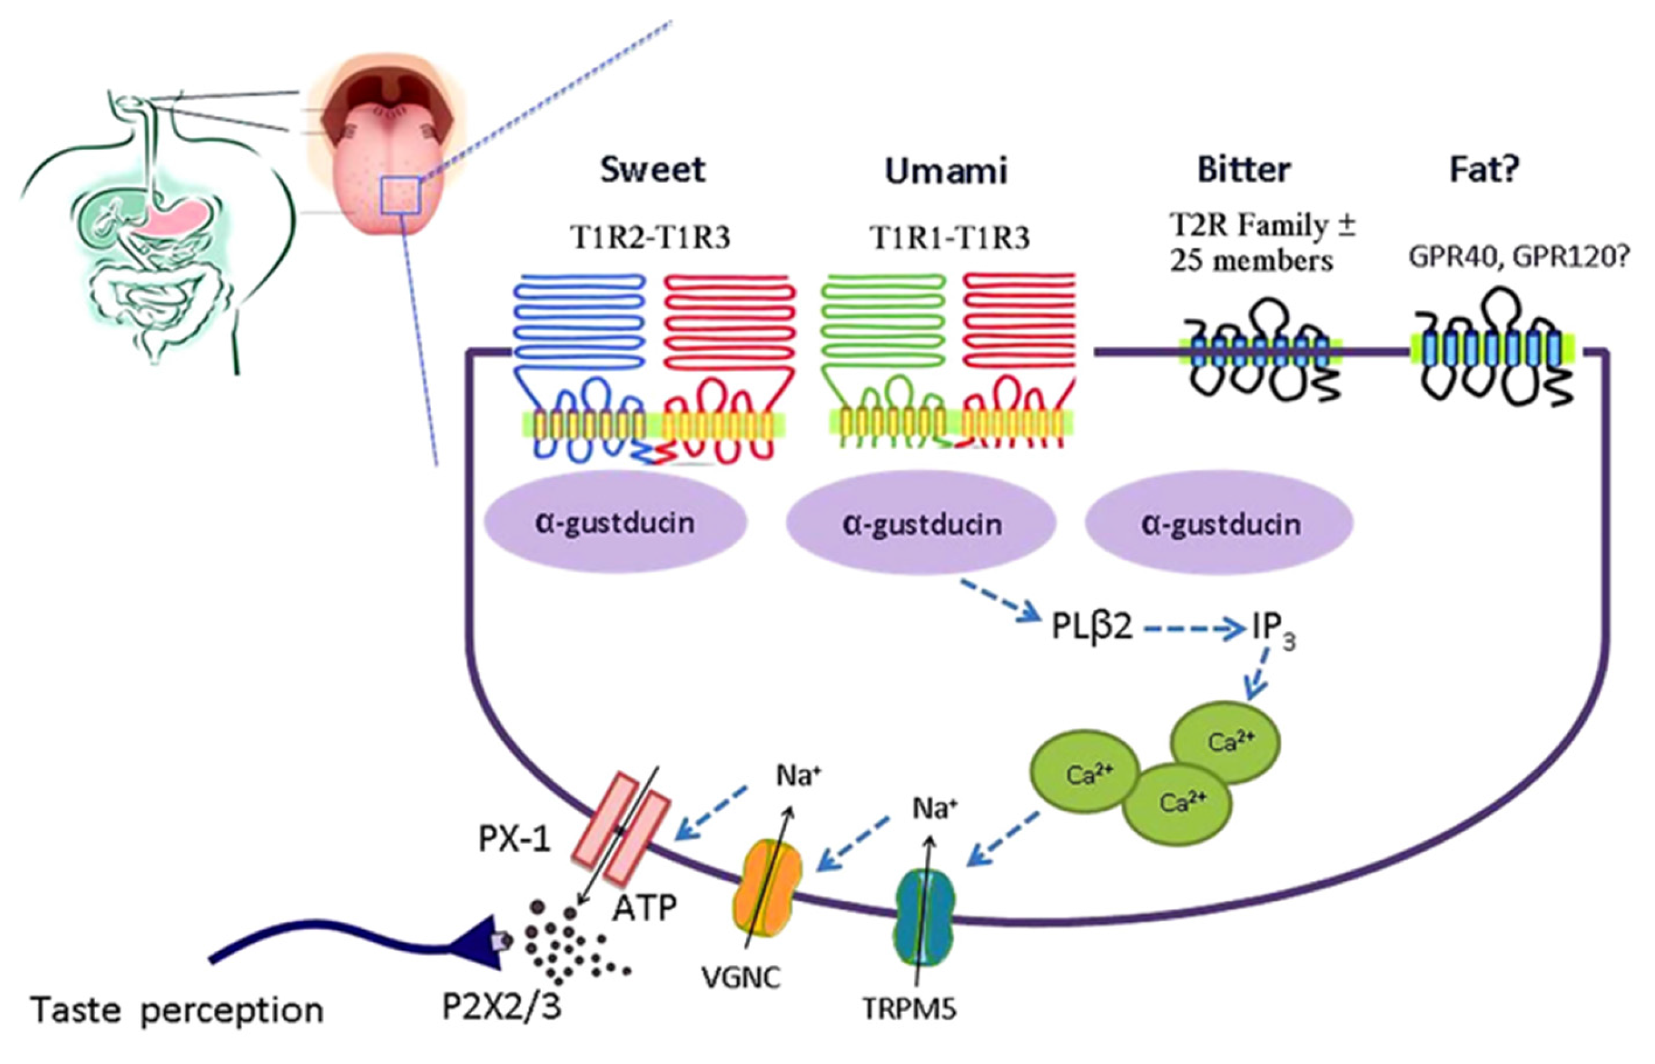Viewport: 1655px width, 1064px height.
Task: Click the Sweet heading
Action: pos(653,170)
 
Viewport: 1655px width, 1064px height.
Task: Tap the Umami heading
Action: pos(946,171)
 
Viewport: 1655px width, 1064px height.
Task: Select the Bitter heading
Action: pos(1243,170)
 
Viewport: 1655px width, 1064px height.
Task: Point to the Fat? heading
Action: pos(1484,170)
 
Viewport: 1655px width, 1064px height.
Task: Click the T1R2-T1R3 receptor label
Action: pos(649,237)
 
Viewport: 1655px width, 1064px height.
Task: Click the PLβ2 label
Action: pos(1092,627)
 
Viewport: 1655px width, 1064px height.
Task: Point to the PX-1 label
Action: pos(515,840)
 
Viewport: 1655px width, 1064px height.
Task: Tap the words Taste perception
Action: pos(177,1011)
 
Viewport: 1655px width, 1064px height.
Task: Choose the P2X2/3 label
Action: pos(502,1008)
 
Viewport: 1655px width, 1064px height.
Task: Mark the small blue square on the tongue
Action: pos(400,195)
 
